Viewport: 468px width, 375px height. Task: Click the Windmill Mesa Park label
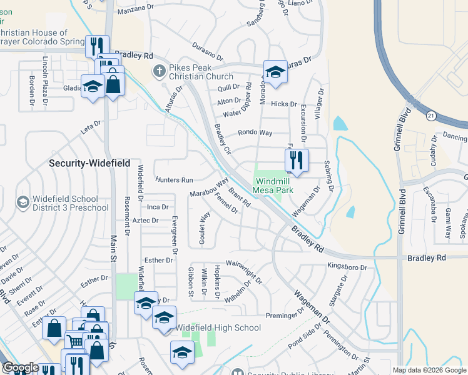click(273, 186)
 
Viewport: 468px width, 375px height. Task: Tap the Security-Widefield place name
click(89, 163)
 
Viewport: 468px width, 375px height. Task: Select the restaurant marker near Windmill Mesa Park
click(297, 161)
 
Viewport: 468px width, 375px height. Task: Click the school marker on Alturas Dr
click(275, 72)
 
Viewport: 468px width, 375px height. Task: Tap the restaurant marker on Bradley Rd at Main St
click(97, 47)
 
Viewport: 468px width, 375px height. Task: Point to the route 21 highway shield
click(431, 116)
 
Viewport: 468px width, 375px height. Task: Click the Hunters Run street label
click(175, 180)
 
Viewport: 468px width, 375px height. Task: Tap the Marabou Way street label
click(210, 189)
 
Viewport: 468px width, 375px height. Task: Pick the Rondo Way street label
click(255, 133)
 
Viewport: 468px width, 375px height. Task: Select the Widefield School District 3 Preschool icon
click(23, 202)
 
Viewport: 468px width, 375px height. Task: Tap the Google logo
click(21, 368)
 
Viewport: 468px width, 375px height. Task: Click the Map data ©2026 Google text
click(429, 370)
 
